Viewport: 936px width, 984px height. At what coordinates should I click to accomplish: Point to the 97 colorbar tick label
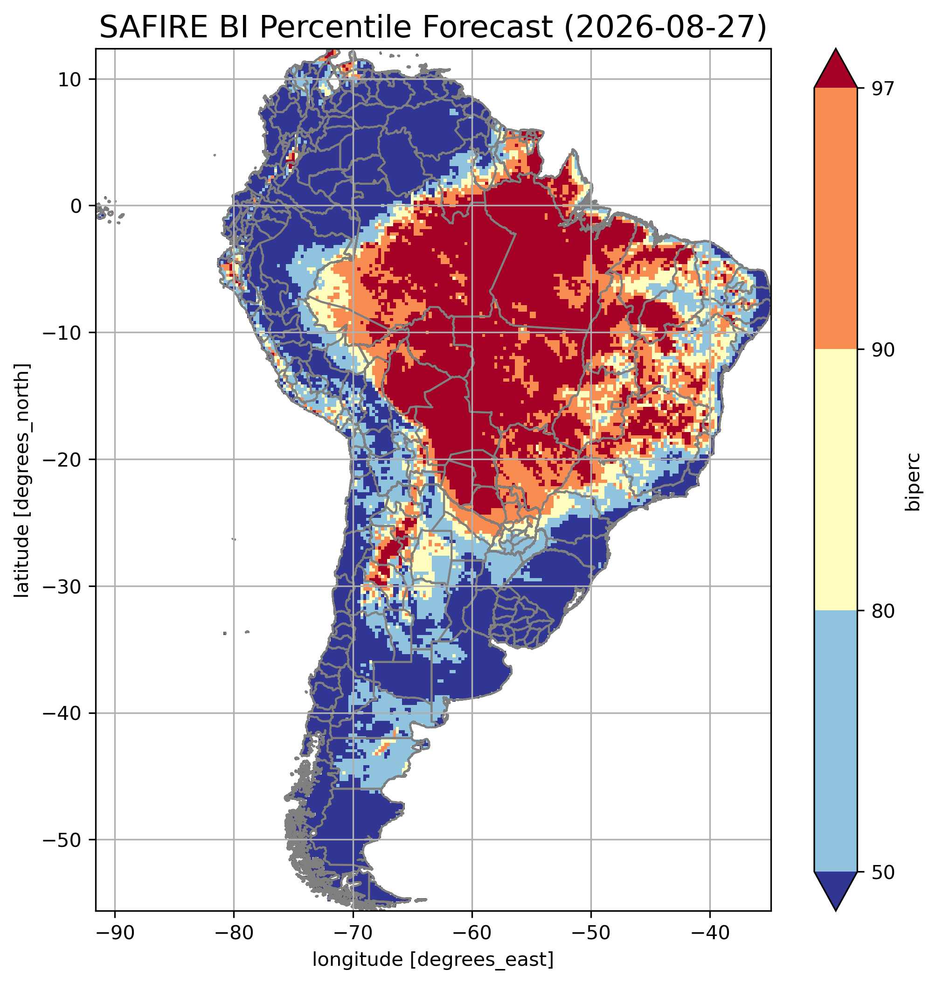(x=882, y=88)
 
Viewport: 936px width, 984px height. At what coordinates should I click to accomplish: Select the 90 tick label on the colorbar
(x=882, y=349)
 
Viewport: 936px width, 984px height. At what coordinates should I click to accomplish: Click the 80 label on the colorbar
(x=882, y=611)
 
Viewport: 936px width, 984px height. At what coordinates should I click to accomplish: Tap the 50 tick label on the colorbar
(x=882, y=872)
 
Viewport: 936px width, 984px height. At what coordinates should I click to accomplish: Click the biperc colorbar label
(x=914, y=480)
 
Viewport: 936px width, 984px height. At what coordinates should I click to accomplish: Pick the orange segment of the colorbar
(x=835, y=219)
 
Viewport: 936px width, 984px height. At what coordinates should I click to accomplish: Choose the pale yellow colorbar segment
(x=835, y=480)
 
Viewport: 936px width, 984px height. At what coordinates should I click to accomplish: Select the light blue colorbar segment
(x=835, y=741)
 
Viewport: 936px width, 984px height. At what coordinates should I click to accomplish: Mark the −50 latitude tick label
(x=63, y=840)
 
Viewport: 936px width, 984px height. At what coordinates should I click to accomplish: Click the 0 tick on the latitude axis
(x=76, y=206)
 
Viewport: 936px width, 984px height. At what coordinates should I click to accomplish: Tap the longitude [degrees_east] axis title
(x=433, y=960)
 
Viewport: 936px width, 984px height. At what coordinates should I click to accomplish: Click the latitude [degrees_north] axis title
(x=22, y=480)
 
